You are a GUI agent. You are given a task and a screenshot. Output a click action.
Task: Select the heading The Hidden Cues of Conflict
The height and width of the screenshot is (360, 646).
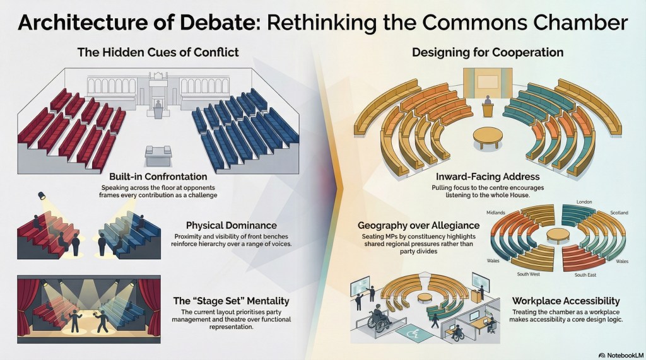[158, 53]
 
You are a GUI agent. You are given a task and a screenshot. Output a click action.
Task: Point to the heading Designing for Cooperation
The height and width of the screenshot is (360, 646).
[488, 53]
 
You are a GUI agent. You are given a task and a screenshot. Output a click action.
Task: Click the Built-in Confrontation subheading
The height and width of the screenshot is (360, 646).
[158, 177]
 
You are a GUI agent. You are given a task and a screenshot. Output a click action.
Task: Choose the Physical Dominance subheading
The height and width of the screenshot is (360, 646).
[231, 225]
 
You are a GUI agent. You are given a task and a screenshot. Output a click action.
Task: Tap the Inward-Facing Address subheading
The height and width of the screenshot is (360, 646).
[488, 177]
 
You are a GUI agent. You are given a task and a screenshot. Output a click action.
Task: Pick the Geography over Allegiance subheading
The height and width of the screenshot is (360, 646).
[419, 225]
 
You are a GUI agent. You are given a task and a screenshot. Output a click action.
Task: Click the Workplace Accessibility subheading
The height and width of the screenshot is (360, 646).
[566, 301]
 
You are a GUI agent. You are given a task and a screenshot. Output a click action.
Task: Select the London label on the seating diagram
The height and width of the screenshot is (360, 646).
[584, 202]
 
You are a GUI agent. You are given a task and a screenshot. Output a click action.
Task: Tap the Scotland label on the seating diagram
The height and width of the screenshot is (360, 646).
[619, 212]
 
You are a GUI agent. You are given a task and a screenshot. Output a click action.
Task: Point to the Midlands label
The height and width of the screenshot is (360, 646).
[496, 212]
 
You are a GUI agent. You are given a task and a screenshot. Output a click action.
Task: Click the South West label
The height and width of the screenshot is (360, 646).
[529, 274]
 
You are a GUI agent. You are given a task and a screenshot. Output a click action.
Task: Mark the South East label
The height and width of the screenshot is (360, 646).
[585, 275]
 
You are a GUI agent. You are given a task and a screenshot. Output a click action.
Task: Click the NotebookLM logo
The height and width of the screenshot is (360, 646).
[621, 355]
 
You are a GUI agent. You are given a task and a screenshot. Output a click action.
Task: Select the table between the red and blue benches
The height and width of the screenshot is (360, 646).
[158, 156]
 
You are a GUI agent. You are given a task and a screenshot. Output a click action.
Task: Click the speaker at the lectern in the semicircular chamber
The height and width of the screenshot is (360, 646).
[488, 100]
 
